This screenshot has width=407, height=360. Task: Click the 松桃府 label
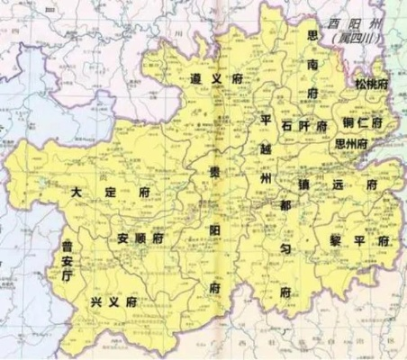pos(370,84)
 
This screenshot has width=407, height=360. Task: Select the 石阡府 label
pos(304,126)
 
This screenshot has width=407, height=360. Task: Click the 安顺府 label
pos(141,238)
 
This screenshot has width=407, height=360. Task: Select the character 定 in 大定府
pos(113,192)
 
